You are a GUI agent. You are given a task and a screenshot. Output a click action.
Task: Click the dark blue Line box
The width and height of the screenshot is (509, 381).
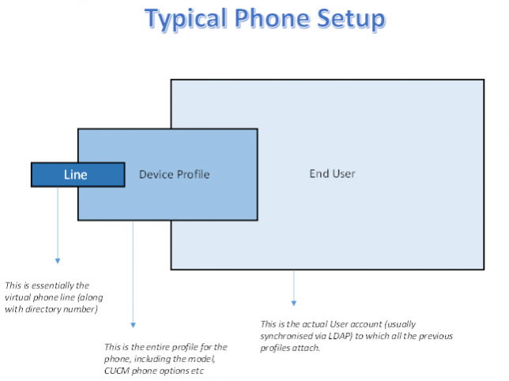tap(77, 175)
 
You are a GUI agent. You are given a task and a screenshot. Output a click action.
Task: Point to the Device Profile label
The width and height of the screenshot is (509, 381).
tap(174, 174)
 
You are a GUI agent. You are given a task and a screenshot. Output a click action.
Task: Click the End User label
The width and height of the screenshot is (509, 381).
tap(332, 174)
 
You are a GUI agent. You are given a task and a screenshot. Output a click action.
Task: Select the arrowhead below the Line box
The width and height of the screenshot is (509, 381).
tap(58, 259)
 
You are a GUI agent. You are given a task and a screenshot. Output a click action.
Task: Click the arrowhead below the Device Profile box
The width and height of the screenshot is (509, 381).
tap(133, 323)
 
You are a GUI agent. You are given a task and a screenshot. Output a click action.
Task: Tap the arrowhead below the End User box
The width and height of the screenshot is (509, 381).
tap(294, 302)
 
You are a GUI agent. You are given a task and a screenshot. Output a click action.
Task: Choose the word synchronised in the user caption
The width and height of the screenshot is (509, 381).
tap(290, 335)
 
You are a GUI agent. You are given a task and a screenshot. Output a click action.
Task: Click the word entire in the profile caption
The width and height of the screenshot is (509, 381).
tap(160, 347)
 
